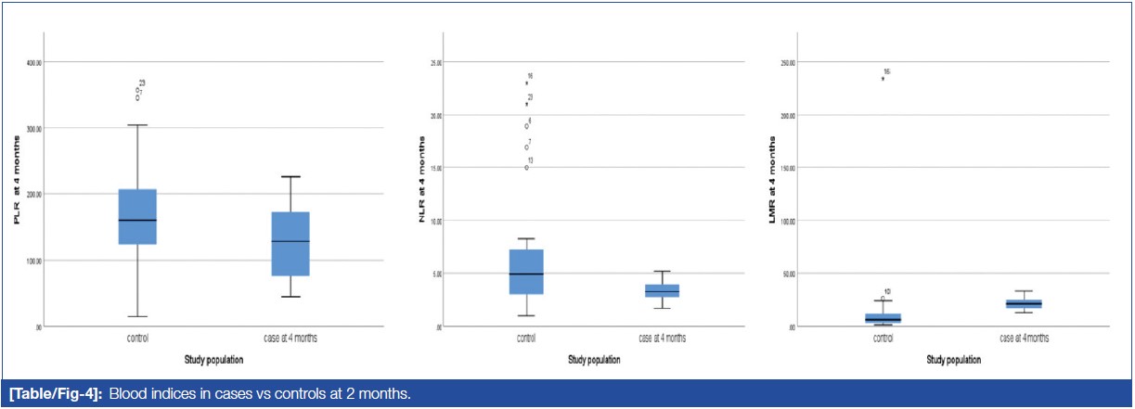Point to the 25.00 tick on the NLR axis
pyautogui.click(x=432, y=62)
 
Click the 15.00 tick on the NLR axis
pyautogui.click(x=432, y=168)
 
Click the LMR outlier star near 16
pyautogui.click(x=883, y=79)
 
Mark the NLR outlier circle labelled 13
pyautogui.click(x=526, y=167)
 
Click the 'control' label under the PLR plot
pyautogui.click(x=137, y=339)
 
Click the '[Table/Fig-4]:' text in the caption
pyautogui.click(x=54, y=395)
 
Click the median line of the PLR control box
pyautogui.click(x=137, y=220)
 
